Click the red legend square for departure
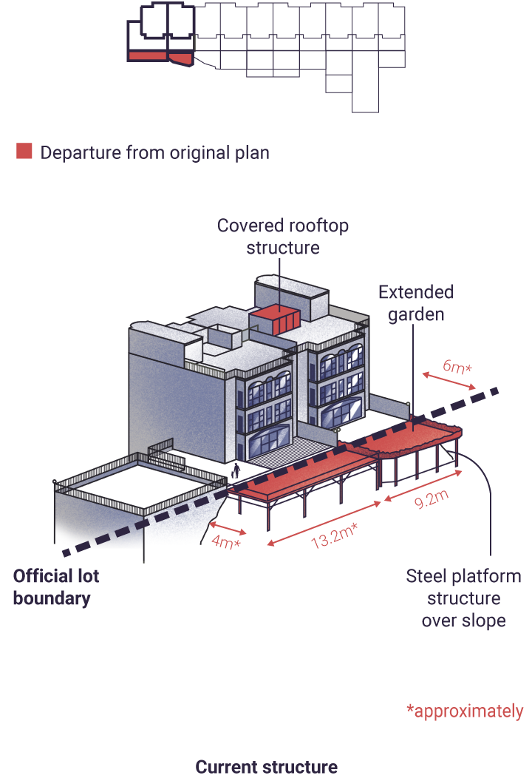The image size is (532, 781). pos(24,151)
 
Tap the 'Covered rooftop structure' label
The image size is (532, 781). pos(283,236)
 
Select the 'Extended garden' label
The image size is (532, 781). pos(416,302)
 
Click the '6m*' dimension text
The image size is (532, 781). pos(457,367)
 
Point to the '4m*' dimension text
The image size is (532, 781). pos(226,541)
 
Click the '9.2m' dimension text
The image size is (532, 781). pos(432,499)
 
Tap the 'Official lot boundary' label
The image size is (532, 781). pos(55,586)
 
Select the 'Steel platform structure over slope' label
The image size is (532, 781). pos(463,598)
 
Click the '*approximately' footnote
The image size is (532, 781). pos(465,711)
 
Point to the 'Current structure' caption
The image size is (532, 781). pos(266,766)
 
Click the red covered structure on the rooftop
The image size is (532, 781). pos(276,322)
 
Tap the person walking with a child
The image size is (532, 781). pos(236,470)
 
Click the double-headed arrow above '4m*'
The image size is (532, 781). pos(228,528)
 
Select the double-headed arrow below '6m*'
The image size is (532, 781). pos(449,381)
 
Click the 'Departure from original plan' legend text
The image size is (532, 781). pos(154,152)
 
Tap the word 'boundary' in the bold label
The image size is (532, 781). pos(52,598)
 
